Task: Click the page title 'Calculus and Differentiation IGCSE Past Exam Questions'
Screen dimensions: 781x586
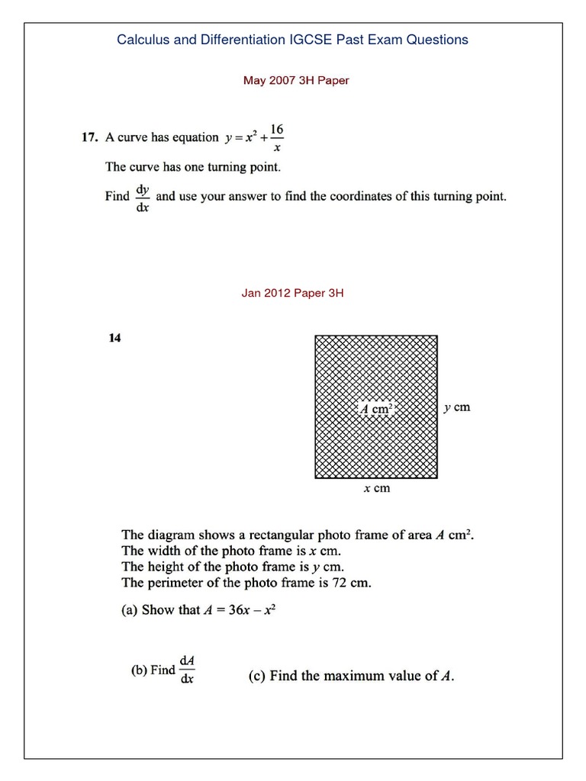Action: [292, 40]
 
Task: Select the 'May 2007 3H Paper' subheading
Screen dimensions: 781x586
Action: [295, 80]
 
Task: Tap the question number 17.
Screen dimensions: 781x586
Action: [89, 138]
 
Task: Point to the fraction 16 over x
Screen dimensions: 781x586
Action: [276, 138]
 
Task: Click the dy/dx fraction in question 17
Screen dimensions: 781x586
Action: [142, 196]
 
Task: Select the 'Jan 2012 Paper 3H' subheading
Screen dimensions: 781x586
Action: [292, 292]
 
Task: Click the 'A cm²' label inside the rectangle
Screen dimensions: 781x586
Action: [376, 409]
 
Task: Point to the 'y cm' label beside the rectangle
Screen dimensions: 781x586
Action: [456, 407]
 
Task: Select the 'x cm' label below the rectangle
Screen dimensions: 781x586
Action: [376, 488]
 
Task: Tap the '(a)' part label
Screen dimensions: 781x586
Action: [130, 611]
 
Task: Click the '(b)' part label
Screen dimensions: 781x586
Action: [139, 670]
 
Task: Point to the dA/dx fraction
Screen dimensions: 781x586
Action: [187, 669]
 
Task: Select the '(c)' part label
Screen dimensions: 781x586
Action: [258, 675]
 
